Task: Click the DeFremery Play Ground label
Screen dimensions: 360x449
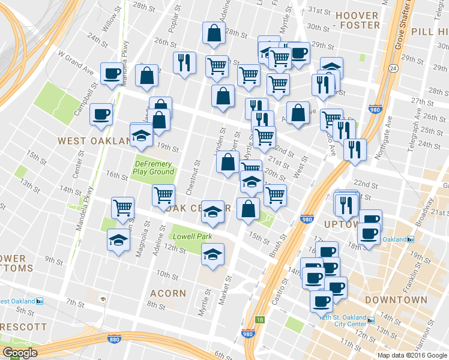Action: (154, 167)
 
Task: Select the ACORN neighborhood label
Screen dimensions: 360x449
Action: (169, 293)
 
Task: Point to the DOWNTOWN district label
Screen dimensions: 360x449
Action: (396, 299)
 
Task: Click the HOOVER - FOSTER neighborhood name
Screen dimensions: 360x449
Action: (358, 19)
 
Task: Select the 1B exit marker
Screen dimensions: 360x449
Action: (260, 320)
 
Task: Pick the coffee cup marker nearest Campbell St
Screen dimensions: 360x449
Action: (101, 113)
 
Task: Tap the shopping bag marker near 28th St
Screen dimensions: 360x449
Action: (214, 34)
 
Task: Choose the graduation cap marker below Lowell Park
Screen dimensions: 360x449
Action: (212, 254)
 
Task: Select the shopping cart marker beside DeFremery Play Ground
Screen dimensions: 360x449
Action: (163, 195)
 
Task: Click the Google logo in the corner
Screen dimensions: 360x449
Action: (20, 353)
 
